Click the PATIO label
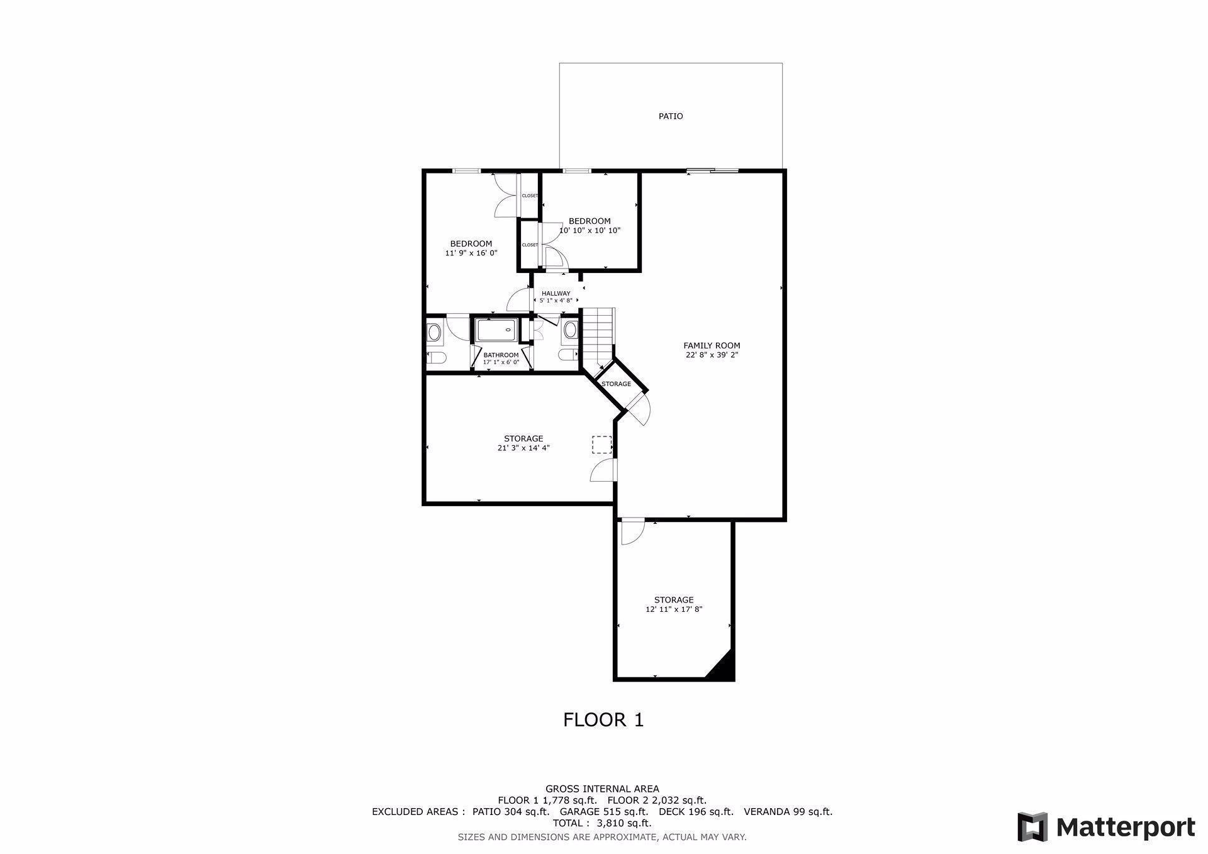(670, 116)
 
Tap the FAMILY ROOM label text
(712, 345)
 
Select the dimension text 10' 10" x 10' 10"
(590, 231)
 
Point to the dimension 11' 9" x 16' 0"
(471, 253)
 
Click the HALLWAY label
(556, 293)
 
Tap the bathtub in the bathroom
(496, 330)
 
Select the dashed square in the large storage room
(601, 445)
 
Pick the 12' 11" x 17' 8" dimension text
(673, 609)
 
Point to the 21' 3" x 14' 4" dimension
(523, 448)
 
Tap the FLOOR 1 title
(603, 720)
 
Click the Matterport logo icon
(1032, 826)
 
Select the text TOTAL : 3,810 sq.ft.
(602, 823)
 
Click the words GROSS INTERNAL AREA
(602, 789)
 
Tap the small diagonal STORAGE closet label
(616, 384)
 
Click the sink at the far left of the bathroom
(434, 331)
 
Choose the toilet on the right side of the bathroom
(568, 355)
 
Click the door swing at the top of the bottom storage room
(631, 531)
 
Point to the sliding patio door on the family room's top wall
(712, 170)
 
